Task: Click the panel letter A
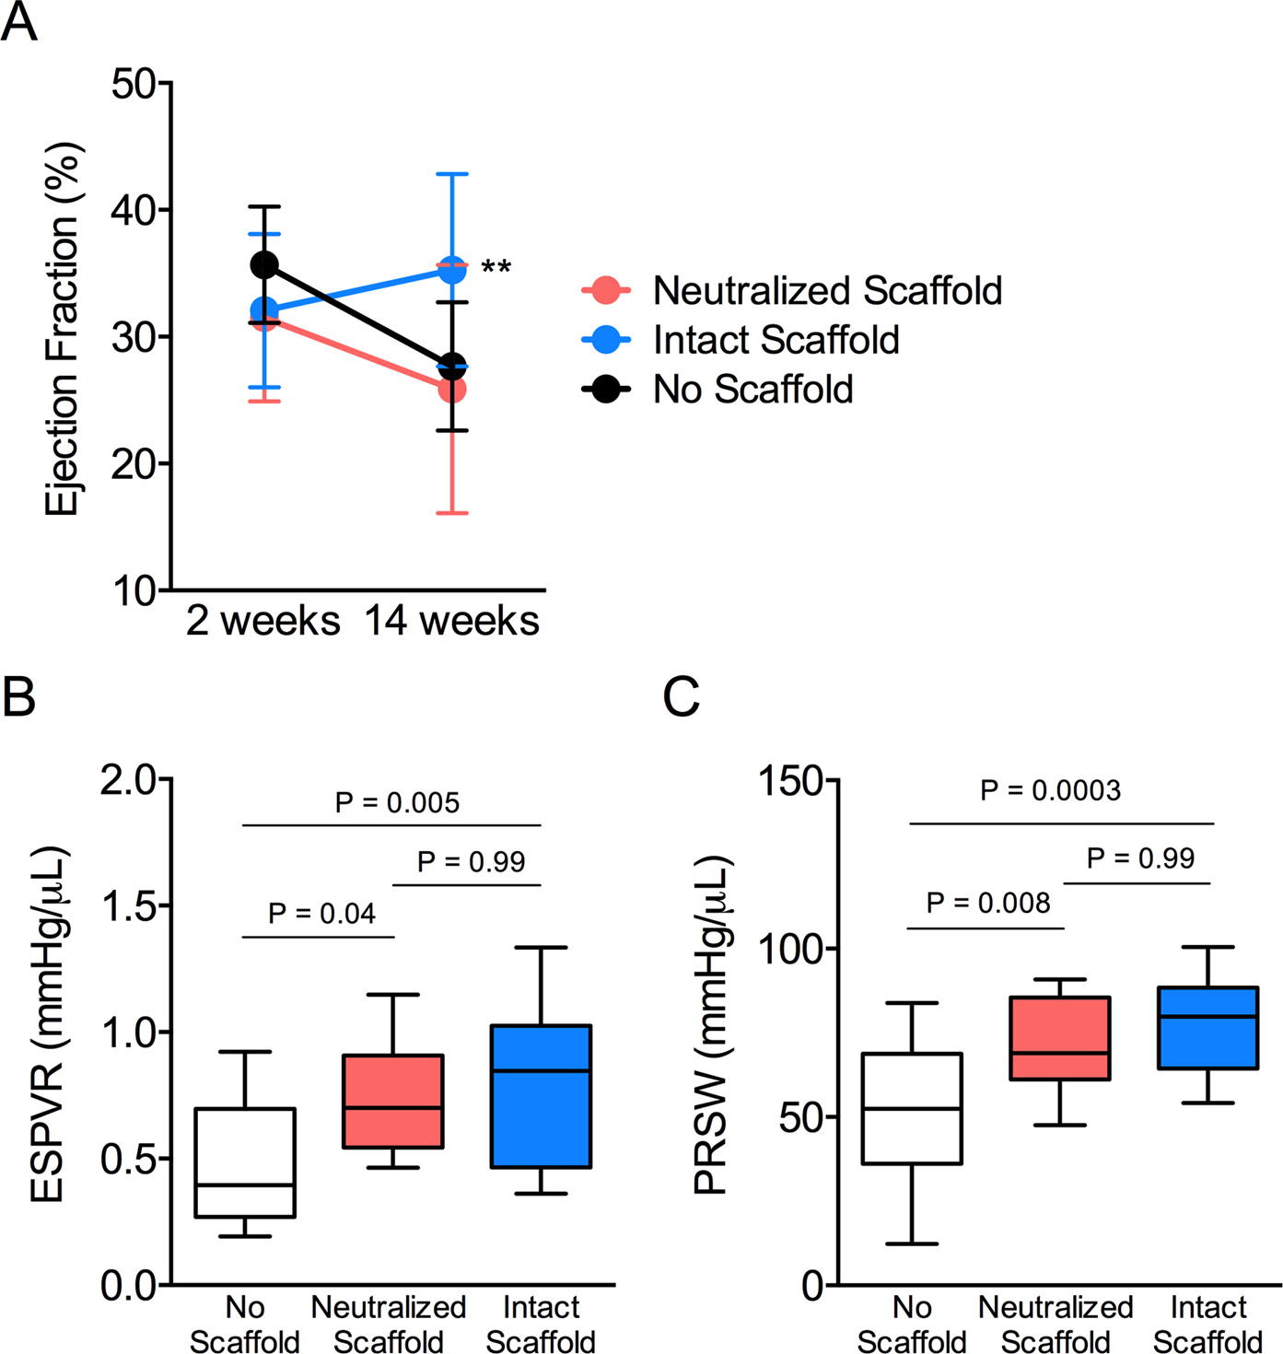(x=19, y=22)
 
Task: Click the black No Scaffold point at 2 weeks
(x=264, y=265)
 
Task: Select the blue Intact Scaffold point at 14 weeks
(x=451, y=270)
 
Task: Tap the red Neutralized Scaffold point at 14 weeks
(x=451, y=391)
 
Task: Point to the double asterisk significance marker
(x=496, y=269)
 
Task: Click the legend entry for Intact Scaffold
(x=776, y=340)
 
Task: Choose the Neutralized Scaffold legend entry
(x=826, y=290)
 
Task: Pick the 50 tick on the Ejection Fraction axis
(x=134, y=84)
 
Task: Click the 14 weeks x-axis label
(x=451, y=621)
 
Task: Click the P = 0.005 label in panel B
(x=397, y=802)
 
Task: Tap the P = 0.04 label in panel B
(x=321, y=913)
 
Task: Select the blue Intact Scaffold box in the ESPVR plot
(x=541, y=1096)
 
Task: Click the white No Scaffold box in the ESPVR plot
(x=245, y=1162)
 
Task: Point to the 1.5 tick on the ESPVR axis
(x=129, y=906)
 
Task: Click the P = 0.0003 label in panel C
(x=1050, y=790)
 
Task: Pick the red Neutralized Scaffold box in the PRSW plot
(x=1060, y=1038)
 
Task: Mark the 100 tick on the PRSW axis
(x=788, y=949)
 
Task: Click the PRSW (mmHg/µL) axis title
(x=712, y=1025)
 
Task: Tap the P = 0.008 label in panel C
(x=988, y=903)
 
